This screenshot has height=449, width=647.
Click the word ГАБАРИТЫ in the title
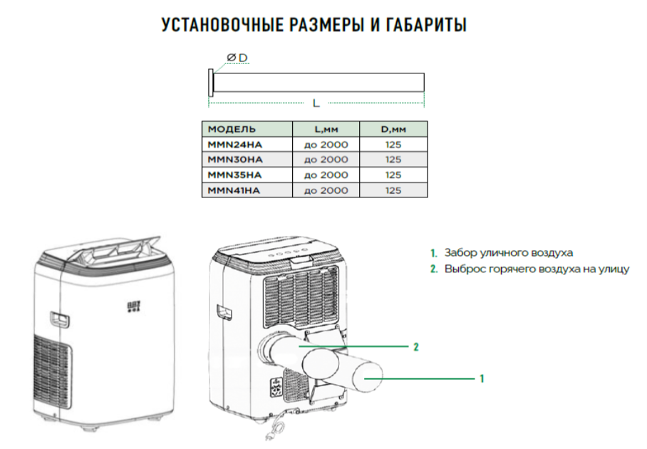pyautogui.click(x=427, y=26)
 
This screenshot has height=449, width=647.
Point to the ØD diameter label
pyautogui.click(x=237, y=57)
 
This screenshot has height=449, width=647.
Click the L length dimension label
pyautogui.click(x=316, y=103)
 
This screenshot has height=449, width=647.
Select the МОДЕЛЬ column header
pyautogui.click(x=231, y=129)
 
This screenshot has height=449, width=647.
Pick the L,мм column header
pyautogui.click(x=326, y=129)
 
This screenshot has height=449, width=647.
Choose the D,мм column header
pyautogui.click(x=393, y=129)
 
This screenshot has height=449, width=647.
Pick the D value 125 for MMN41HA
pyautogui.click(x=393, y=190)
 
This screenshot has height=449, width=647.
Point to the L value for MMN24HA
pyautogui.click(x=326, y=145)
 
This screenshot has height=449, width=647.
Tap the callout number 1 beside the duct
pyautogui.click(x=482, y=378)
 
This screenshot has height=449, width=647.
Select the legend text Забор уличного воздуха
pyautogui.click(x=508, y=252)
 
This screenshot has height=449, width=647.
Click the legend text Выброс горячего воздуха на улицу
pyautogui.click(x=536, y=269)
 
